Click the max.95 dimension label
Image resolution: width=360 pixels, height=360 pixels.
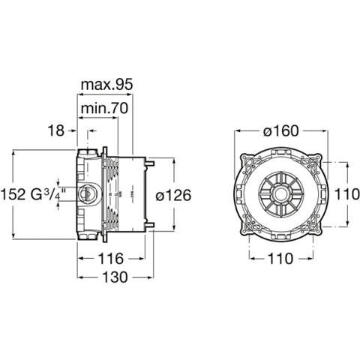[106, 85]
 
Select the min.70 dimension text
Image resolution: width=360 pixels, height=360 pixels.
[104, 108]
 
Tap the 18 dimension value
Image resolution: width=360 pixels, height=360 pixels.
[55, 130]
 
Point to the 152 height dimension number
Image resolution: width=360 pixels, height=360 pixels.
[13, 194]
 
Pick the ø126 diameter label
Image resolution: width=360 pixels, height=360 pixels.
[173, 195]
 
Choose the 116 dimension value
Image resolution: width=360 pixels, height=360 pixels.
[111, 259]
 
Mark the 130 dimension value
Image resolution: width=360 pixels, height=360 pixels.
[115, 277]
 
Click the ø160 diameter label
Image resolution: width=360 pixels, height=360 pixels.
[281, 130]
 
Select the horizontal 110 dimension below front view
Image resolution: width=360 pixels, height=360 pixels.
[280, 259]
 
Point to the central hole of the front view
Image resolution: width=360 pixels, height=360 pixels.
[280, 194]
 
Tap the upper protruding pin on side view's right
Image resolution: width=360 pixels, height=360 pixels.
[151, 163]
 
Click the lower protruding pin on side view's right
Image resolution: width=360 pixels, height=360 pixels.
[151, 225]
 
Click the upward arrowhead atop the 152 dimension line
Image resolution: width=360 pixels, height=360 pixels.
[14, 152]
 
